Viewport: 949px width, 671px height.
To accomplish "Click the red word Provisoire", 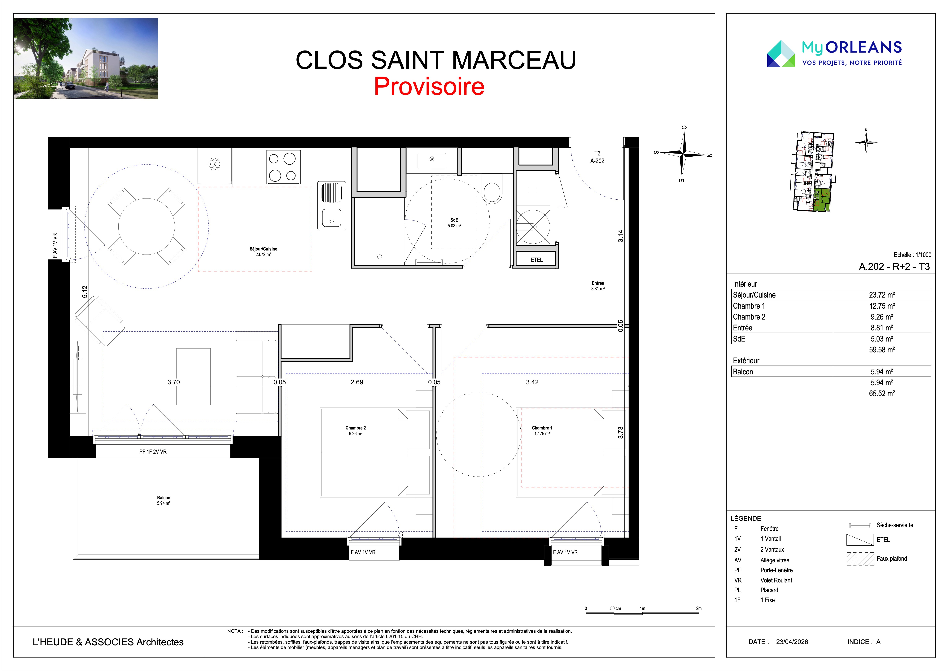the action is click(429, 86).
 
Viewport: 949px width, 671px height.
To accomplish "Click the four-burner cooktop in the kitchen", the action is click(283, 167).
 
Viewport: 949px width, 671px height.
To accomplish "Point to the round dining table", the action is click(147, 226).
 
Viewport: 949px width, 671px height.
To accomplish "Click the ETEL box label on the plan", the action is click(536, 260).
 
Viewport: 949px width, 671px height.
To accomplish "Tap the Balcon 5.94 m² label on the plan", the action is click(164, 500).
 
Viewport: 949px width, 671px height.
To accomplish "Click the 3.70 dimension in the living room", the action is click(174, 382).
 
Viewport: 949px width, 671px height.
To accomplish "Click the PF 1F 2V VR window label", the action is click(153, 452).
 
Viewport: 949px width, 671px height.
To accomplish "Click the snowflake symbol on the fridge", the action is click(215, 164).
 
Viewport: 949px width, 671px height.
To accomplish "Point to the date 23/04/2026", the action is click(792, 642).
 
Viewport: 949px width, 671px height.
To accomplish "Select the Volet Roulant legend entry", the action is click(776, 580).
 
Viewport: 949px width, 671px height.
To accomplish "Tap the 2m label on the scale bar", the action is click(698, 608).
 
